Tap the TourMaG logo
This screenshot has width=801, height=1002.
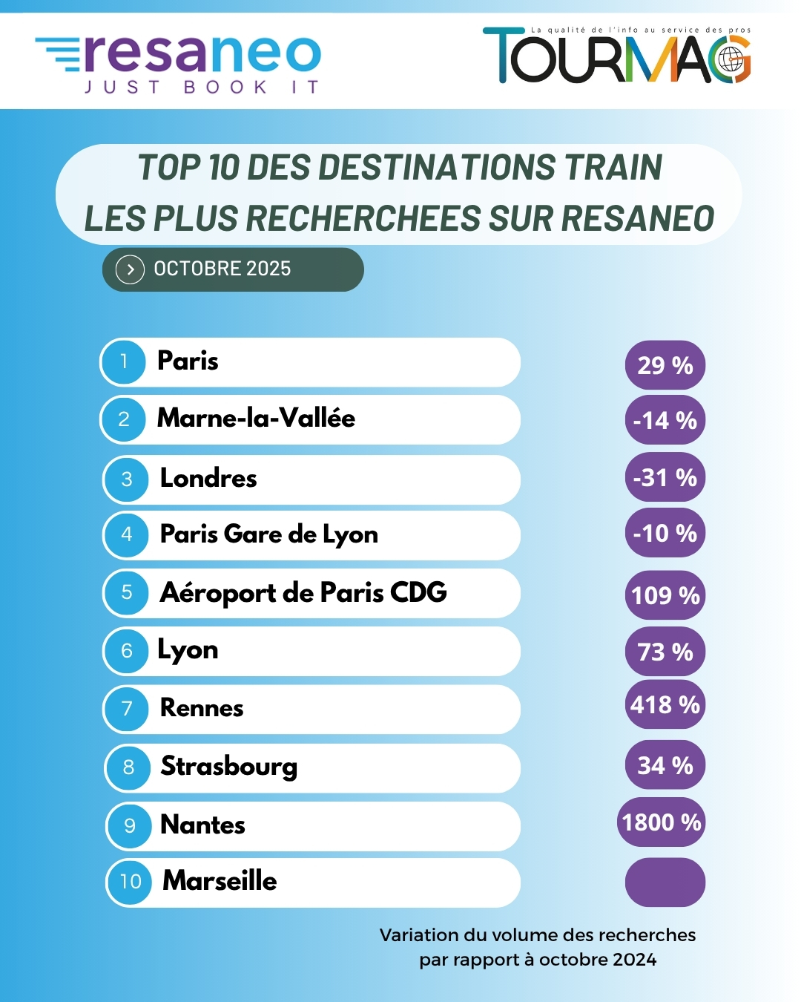(x=617, y=56)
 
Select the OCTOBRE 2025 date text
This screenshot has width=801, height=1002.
(x=222, y=269)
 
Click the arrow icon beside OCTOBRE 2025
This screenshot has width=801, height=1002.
(x=130, y=269)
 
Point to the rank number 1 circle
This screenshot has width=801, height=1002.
(x=123, y=362)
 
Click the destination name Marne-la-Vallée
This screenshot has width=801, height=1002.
(x=256, y=419)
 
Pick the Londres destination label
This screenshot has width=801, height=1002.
(x=208, y=478)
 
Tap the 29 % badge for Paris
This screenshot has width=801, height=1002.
(x=665, y=365)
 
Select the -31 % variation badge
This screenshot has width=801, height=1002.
(x=665, y=477)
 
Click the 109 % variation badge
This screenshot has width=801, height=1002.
(x=665, y=595)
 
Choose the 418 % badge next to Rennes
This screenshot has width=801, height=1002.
(x=665, y=704)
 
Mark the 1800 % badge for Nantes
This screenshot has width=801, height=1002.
(x=662, y=822)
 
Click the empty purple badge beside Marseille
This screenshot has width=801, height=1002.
(x=665, y=882)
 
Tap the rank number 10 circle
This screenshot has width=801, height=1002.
(x=130, y=882)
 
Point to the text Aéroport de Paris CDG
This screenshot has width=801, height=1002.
(x=303, y=593)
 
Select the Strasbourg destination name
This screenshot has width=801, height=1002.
(x=229, y=766)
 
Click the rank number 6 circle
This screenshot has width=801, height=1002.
(x=127, y=651)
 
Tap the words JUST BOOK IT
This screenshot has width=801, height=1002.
(x=202, y=88)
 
